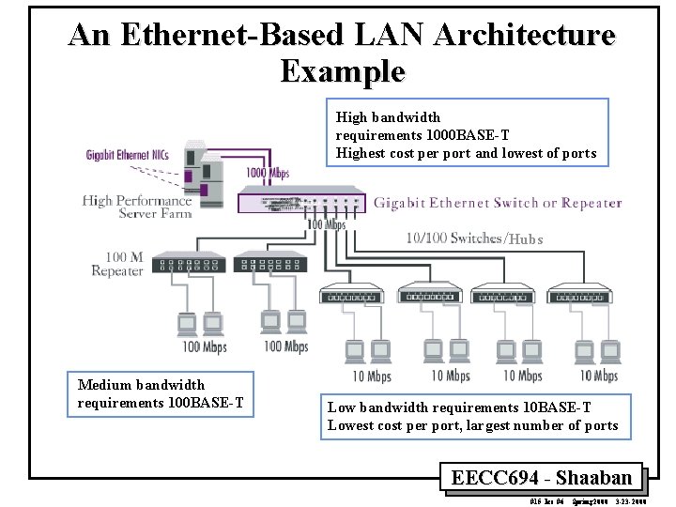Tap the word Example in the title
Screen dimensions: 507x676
(342, 70)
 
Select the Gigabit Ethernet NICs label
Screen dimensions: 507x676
(128, 155)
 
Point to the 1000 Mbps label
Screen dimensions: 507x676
(268, 173)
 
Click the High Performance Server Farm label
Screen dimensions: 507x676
(137, 207)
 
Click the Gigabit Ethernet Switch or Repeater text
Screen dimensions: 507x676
(498, 203)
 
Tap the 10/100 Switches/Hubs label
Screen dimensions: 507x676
(474, 238)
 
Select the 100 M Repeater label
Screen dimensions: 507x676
(118, 264)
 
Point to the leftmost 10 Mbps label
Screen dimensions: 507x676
(372, 376)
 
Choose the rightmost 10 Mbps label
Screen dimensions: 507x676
(598, 376)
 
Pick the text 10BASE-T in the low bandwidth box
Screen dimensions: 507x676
(557, 407)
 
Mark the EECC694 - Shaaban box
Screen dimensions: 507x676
(542, 477)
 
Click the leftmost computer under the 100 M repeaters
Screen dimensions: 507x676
(187, 324)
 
